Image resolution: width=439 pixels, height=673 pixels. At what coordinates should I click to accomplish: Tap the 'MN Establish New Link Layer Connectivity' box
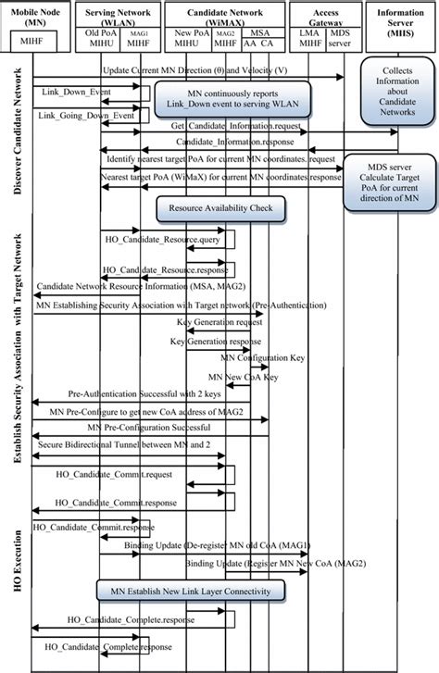[x=190, y=590]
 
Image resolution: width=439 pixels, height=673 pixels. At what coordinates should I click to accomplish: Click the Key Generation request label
[x=217, y=321]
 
